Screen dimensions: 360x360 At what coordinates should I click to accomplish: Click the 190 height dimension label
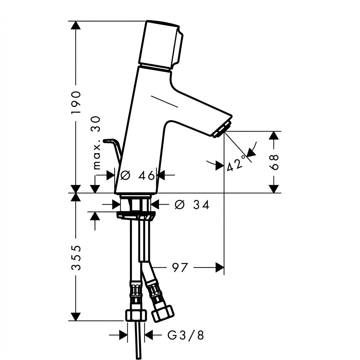click(76, 102)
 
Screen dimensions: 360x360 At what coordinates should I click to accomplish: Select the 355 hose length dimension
click(76, 258)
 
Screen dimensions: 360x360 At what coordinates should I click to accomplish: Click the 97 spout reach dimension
click(180, 268)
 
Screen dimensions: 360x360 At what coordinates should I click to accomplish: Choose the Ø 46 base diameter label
click(138, 176)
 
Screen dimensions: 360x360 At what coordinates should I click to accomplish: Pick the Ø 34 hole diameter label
click(192, 205)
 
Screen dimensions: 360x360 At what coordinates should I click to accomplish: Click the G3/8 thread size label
click(186, 335)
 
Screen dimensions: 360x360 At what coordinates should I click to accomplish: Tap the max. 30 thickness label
click(96, 143)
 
